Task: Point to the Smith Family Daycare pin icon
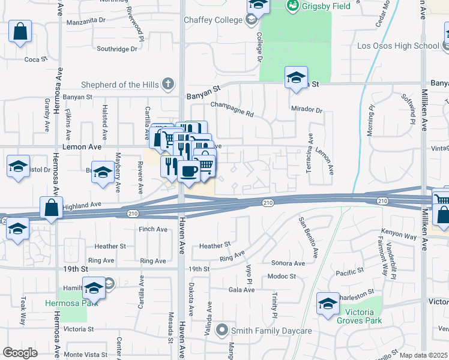[223, 330]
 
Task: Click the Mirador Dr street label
[307, 111]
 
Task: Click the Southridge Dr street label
[118, 49]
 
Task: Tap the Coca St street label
[32, 59]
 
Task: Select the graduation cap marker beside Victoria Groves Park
[328, 304]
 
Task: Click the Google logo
[20, 353]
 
